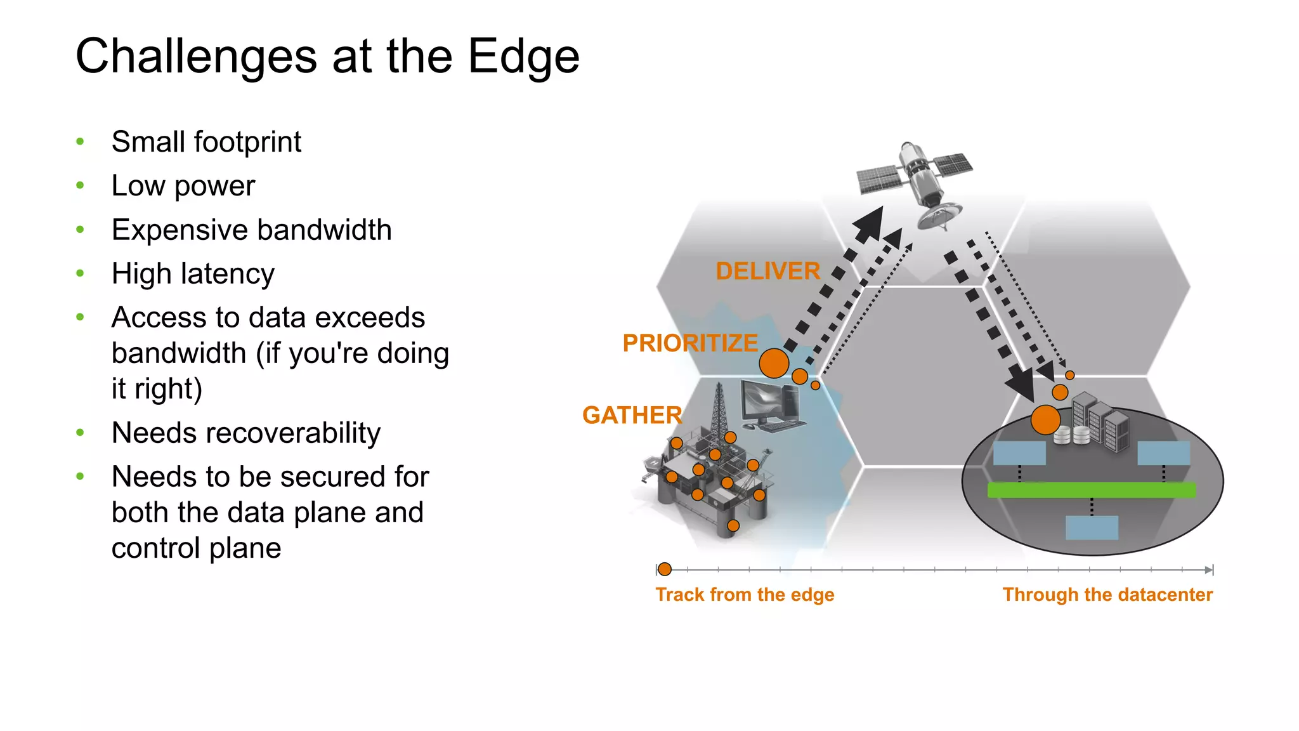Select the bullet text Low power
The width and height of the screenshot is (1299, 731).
point(183,186)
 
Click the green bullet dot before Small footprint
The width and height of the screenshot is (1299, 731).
point(80,142)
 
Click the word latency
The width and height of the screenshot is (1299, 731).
point(228,274)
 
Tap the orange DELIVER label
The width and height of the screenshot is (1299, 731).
point(767,271)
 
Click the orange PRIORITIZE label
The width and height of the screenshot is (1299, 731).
point(689,343)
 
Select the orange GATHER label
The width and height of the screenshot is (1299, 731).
point(632,416)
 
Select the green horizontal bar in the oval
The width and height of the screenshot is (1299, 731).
point(1091,489)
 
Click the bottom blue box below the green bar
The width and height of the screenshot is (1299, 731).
point(1092,527)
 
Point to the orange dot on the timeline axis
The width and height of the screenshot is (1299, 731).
point(664,569)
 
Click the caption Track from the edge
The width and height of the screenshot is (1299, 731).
point(745,595)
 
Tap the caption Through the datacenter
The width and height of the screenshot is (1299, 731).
point(1107,595)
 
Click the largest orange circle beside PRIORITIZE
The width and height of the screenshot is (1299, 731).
point(774,364)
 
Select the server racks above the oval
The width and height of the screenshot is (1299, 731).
point(1100,421)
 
